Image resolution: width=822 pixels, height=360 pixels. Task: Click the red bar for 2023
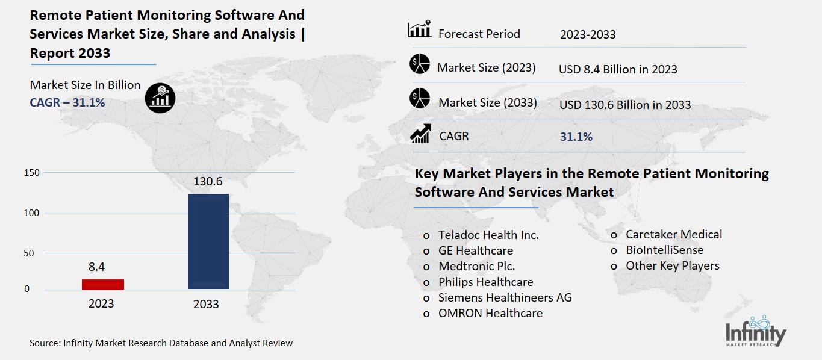click(x=103, y=284)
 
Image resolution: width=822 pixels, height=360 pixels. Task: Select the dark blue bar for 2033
click(x=208, y=241)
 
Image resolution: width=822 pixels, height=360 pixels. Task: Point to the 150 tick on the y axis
click(x=32, y=173)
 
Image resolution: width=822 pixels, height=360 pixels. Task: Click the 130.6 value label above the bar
click(x=208, y=181)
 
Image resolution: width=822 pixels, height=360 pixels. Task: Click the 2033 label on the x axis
click(x=206, y=304)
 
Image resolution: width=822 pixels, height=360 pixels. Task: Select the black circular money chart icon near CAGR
click(x=160, y=98)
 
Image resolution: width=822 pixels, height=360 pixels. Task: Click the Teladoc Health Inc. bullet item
click(x=488, y=235)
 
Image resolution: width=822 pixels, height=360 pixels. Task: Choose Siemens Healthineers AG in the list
click(x=505, y=297)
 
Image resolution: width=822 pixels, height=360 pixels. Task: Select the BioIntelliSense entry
click(x=664, y=250)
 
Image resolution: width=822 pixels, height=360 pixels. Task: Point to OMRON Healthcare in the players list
click(x=490, y=313)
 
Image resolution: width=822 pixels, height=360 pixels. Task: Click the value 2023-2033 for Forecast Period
click(x=588, y=34)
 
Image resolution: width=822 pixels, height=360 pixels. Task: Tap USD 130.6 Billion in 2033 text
click(x=624, y=105)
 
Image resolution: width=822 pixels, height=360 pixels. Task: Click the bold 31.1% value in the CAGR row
click(x=576, y=137)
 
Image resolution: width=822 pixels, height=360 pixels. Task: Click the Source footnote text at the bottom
click(x=161, y=343)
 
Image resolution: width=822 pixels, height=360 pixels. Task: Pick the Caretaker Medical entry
click(x=673, y=234)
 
